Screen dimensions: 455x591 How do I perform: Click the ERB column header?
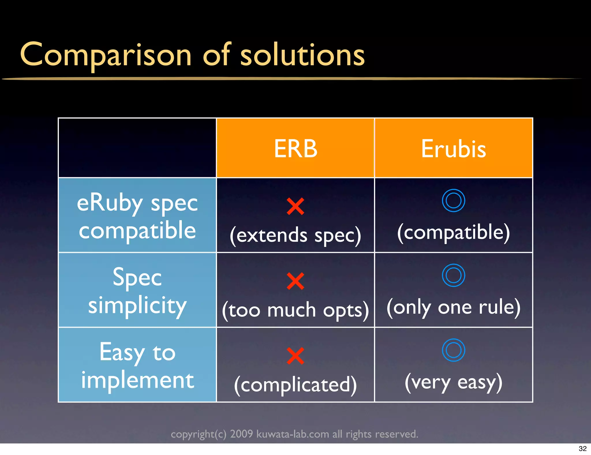pyautogui.click(x=295, y=148)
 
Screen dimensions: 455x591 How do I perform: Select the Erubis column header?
pyautogui.click(x=453, y=148)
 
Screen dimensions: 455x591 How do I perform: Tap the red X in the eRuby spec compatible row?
pyautogui.click(x=295, y=206)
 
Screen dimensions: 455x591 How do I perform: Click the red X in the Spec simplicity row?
pyautogui.click(x=295, y=281)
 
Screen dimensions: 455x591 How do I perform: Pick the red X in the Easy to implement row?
pyautogui.click(x=295, y=356)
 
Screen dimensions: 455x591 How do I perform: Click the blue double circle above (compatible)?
pyautogui.click(x=453, y=200)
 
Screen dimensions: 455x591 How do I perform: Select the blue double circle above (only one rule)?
pyautogui.click(x=453, y=275)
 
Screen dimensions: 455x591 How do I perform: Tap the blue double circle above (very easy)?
pyautogui.click(x=453, y=350)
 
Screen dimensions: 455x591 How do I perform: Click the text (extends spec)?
pyautogui.click(x=295, y=235)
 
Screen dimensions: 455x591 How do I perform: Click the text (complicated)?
pyautogui.click(x=295, y=385)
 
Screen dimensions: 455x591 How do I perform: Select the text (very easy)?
pyautogui.click(x=453, y=382)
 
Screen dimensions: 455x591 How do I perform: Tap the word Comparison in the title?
pyautogui.click(x=106, y=55)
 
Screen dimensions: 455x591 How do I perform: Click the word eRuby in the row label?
pyautogui.click(x=110, y=203)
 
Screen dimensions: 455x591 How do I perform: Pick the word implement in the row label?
pyautogui.click(x=137, y=380)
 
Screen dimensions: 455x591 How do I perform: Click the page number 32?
pyautogui.click(x=582, y=449)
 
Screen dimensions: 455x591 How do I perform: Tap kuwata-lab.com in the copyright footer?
pyautogui.click(x=292, y=434)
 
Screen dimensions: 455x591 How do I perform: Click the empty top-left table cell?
pyautogui.click(x=137, y=148)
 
